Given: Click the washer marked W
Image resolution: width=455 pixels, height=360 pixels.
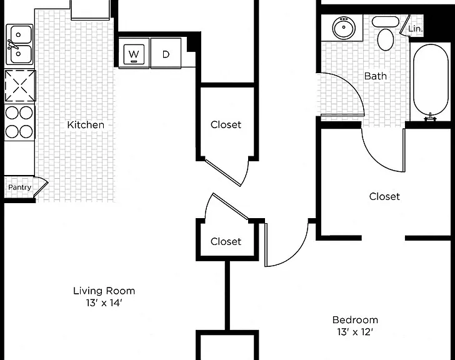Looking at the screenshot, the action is [x=134, y=54].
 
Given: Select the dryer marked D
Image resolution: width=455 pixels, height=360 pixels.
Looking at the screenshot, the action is [x=166, y=54].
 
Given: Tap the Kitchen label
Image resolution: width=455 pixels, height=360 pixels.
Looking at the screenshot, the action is [x=86, y=125].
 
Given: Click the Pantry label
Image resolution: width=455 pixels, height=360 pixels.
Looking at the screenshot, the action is [x=19, y=187].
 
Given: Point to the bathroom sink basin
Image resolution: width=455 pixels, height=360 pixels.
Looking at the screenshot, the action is [x=344, y=28].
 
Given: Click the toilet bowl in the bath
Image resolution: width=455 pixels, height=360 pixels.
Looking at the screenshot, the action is [x=386, y=39].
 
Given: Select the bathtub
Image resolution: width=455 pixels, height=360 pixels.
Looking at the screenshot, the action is [x=431, y=80].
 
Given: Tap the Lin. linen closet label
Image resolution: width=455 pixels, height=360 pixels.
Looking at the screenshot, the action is [x=415, y=29].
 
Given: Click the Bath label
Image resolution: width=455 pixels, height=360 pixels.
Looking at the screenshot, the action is [x=376, y=76].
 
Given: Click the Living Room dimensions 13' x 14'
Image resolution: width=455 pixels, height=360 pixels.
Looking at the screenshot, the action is [x=104, y=303].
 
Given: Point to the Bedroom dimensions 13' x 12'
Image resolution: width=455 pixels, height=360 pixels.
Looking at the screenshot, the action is [x=355, y=332].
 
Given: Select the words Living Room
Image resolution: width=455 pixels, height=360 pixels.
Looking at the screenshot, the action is [x=104, y=291].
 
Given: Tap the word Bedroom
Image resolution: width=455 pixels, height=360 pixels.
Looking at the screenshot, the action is [x=355, y=319].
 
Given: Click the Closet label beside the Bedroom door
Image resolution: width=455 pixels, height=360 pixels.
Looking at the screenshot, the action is [x=226, y=241].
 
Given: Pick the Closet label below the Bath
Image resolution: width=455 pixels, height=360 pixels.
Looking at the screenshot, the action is [x=384, y=196].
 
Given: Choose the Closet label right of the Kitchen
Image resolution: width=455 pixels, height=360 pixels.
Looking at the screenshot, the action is [x=226, y=125].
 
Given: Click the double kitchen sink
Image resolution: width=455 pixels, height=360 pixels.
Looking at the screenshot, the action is [x=19, y=44].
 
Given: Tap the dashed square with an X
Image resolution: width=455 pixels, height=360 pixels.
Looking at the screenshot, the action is [x=20, y=86].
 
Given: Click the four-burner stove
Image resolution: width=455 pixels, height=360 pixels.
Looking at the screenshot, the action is [x=19, y=122].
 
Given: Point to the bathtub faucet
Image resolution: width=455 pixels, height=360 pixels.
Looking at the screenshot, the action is [x=431, y=117].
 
